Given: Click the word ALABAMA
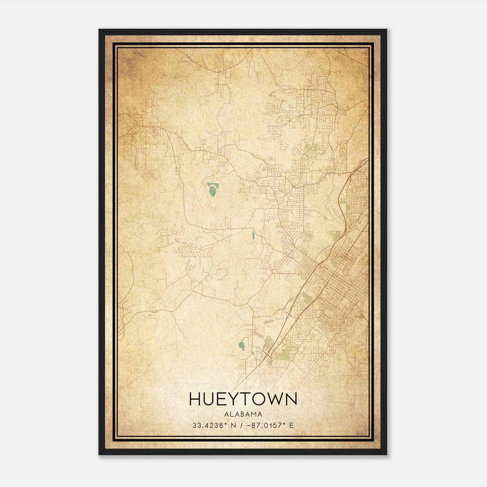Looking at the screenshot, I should coord(243,414).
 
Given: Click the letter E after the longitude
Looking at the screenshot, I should coord(292,425).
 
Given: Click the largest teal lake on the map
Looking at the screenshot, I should coord(212,190).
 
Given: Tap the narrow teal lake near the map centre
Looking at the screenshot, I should coord(253,235).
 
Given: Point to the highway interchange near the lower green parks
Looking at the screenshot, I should coord(268,355).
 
